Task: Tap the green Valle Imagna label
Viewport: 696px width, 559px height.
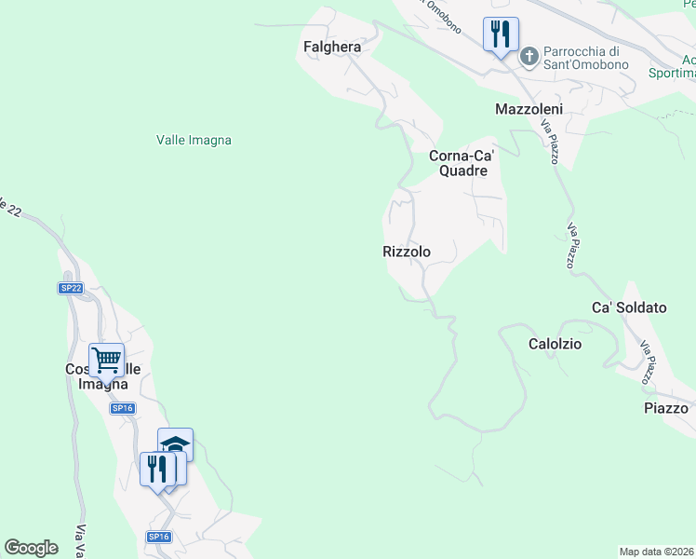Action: pyautogui.click(x=194, y=140)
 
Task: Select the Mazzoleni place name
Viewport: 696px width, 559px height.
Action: pyautogui.click(x=529, y=109)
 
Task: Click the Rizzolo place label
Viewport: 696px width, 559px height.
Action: pyautogui.click(x=407, y=252)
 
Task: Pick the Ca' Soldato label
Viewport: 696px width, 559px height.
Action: pyautogui.click(x=630, y=307)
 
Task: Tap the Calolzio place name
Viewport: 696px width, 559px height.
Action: pyautogui.click(x=555, y=344)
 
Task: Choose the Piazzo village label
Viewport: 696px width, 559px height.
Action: pyautogui.click(x=666, y=408)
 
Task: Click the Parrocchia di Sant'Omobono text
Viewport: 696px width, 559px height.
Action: pyautogui.click(x=586, y=58)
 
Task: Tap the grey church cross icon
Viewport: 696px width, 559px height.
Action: pyautogui.click(x=529, y=57)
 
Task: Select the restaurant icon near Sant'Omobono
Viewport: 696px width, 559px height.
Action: pyautogui.click(x=500, y=35)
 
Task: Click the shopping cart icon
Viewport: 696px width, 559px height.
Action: pyautogui.click(x=107, y=360)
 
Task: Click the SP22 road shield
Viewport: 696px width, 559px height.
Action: pyautogui.click(x=71, y=289)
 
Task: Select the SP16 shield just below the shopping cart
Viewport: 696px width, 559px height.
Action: pyautogui.click(x=123, y=408)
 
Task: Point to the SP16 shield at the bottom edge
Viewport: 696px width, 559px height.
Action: pyautogui.click(x=158, y=537)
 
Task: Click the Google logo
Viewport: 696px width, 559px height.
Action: pyautogui.click(x=32, y=548)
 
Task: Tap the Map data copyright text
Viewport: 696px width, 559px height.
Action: pyautogui.click(x=657, y=552)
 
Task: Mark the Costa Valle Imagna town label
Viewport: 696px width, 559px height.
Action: pyautogui.click(x=103, y=376)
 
